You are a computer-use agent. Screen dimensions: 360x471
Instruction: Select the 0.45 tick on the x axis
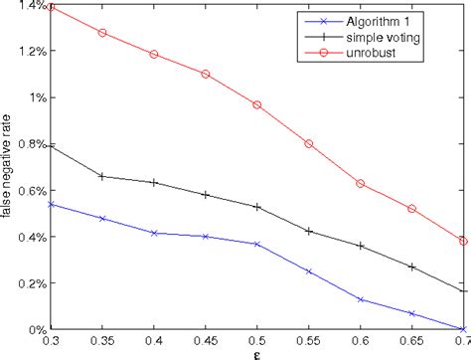(x=205, y=341)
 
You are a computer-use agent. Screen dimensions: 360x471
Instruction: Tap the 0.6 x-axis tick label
(x=360, y=341)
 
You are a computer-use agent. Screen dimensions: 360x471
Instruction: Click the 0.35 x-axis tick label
(x=101, y=341)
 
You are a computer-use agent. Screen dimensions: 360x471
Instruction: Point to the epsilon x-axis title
(x=256, y=353)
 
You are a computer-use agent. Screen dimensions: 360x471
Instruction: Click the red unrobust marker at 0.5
(x=256, y=104)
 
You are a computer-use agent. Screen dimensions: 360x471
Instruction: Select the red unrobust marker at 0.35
(x=102, y=33)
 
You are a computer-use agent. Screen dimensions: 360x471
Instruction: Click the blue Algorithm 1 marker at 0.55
(x=308, y=270)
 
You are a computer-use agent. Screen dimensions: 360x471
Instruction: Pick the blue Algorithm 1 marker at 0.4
(x=154, y=233)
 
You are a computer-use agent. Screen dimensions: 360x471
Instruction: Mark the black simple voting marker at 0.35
(x=102, y=176)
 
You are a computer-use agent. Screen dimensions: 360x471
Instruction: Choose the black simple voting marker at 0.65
(x=411, y=267)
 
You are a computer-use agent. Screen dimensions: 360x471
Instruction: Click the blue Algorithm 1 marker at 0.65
(x=411, y=313)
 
